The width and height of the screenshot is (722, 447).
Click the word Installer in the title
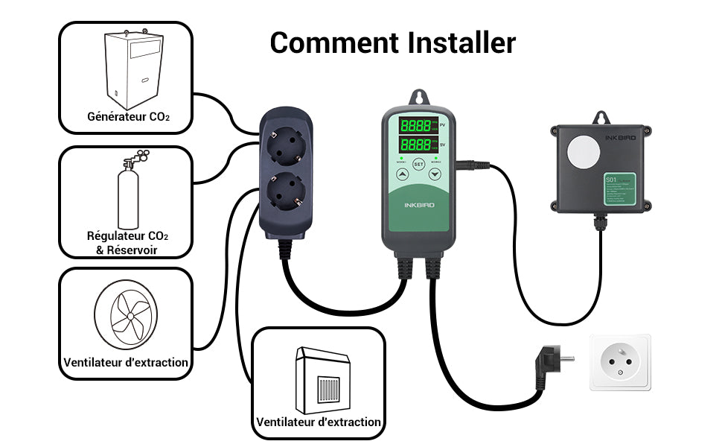[x=461, y=42]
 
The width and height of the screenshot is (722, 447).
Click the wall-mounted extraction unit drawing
[x=322, y=381]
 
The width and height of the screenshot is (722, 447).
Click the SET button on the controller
[x=418, y=164]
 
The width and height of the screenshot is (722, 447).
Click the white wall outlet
[x=620, y=362]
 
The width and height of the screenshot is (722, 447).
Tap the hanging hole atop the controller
[x=418, y=98]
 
